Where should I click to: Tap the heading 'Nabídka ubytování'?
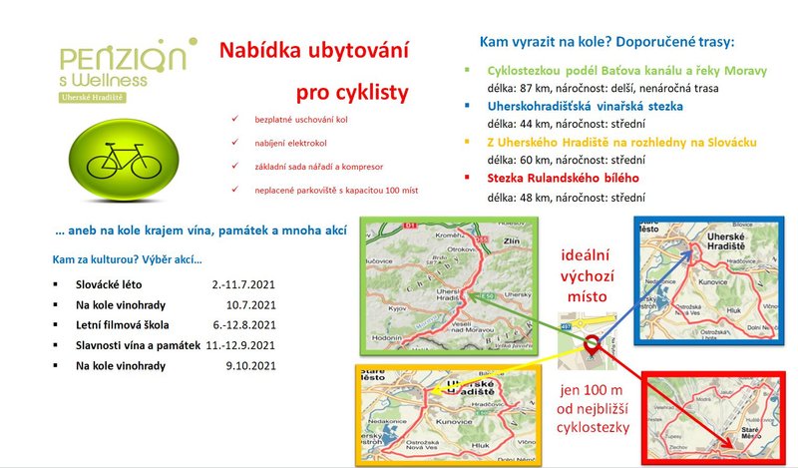(x=312, y=51)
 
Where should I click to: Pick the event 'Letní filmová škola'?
(x=123, y=324)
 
